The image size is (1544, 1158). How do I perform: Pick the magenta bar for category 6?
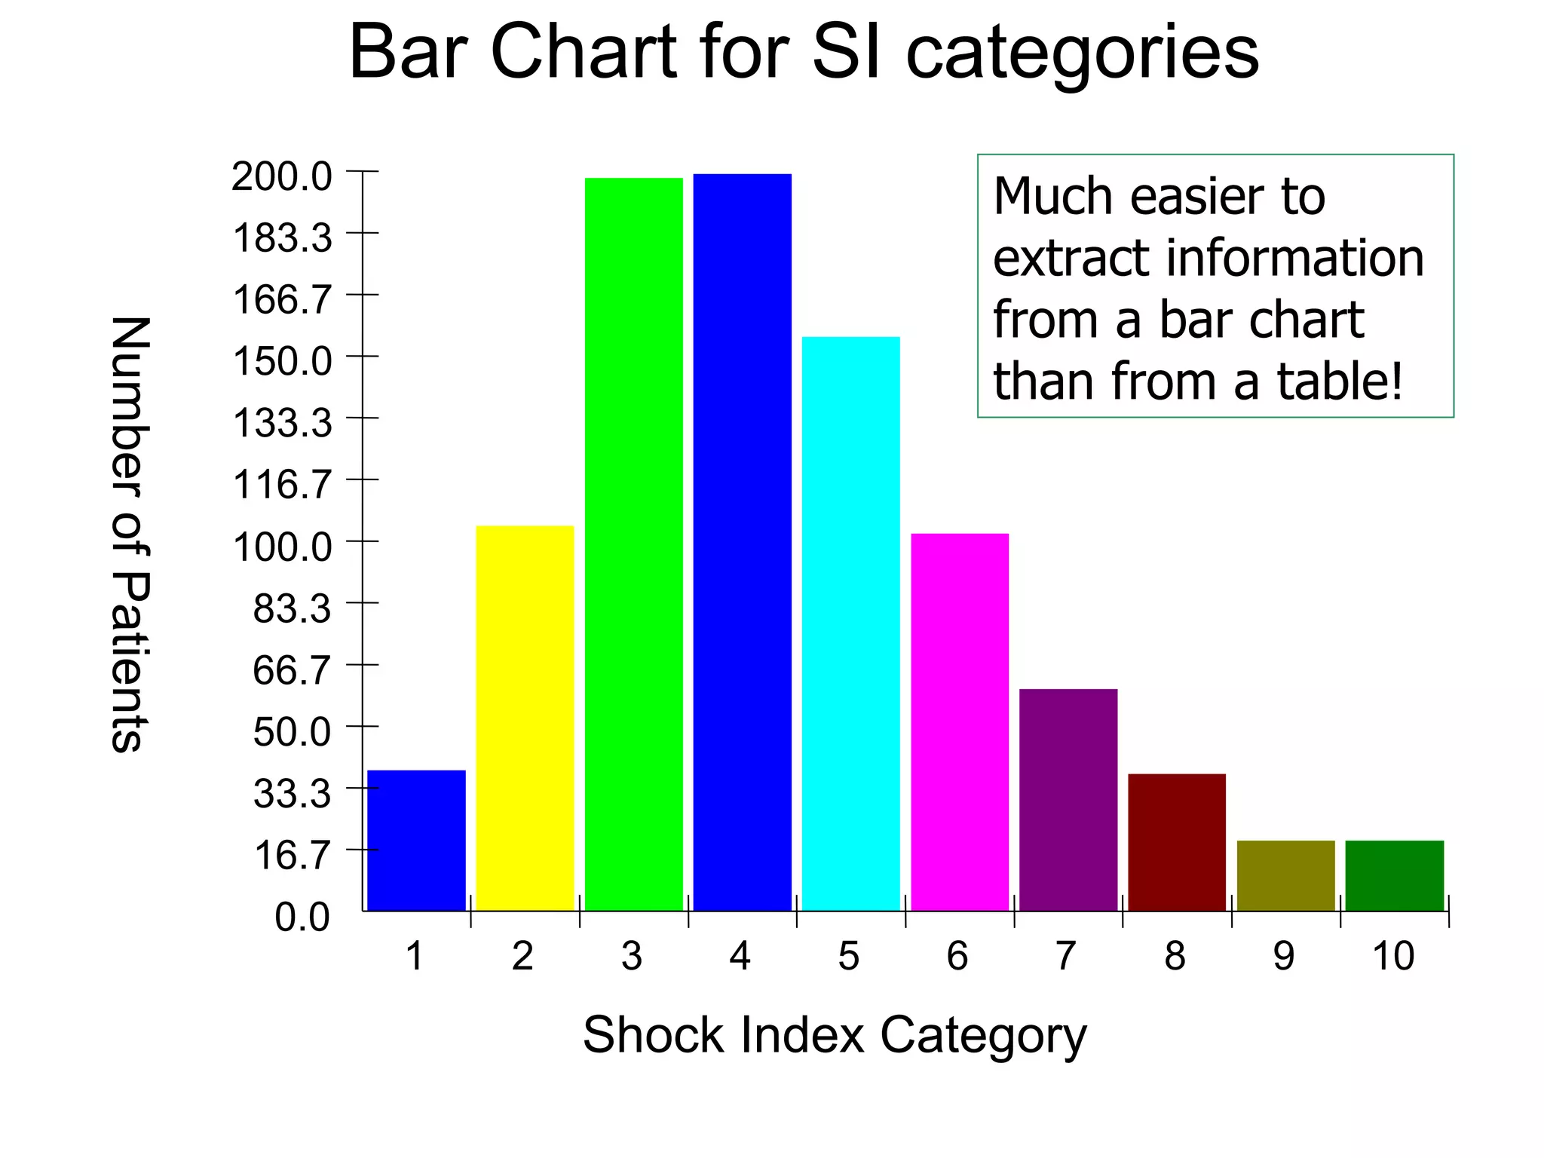click(960, 721)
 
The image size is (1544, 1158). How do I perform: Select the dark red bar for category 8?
click(1177, 842)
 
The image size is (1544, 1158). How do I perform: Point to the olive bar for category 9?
click(1285, 875)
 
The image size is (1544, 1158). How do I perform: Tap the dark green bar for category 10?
click(1394, 875)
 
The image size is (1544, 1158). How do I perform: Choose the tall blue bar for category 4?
click(742, 542)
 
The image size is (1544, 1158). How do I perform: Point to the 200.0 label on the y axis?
click(281, 177)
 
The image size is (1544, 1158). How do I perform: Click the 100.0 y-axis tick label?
click(282, 547)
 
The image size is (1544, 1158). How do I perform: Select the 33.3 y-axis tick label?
click(292, 794)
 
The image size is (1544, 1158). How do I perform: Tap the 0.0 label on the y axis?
click(302, 918)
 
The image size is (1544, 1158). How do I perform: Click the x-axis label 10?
click(1393, 956)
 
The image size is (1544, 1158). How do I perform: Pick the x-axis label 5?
click(849, 956)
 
